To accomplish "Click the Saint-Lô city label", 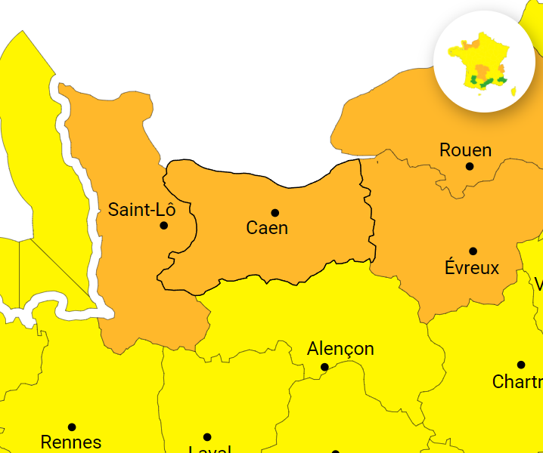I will coord(141,209).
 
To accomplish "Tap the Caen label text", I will coord(267,227).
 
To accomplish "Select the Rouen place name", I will coord(465,150).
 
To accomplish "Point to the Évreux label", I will coord(472,267).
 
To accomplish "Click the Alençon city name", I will coord(340,349).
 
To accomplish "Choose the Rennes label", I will coord(71,442).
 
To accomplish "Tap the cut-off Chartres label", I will coord(517,381).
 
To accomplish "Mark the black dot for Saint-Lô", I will coord(164,225).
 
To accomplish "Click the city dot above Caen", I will coord(275,213).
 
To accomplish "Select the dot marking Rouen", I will coord(470,166).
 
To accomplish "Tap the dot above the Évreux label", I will coord(473,251).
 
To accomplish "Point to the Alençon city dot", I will coord(324,367).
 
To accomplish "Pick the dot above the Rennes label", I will coord(72,427).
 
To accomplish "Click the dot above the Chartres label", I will coord(521,365).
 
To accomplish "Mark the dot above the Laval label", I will coord(207,436).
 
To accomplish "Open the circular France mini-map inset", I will coord(484,61).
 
